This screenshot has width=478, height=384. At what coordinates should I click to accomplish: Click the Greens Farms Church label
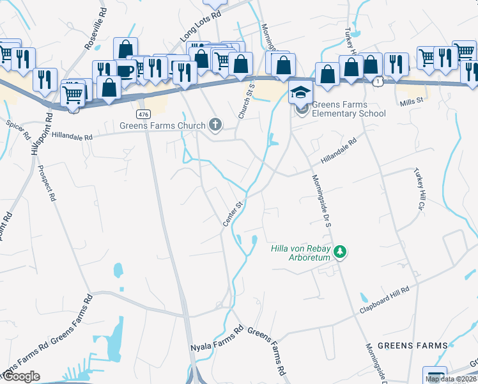pos(162,125)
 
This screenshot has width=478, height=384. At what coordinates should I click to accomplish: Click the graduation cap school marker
pos(300,93)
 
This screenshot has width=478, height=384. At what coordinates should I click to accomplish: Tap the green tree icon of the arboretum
pos(341,252)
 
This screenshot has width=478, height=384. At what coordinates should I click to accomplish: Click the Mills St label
pos(412,101)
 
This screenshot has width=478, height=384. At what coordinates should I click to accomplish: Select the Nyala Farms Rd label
pos(217,339)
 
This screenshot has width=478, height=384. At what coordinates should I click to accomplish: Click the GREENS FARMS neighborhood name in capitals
pos(413,346)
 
